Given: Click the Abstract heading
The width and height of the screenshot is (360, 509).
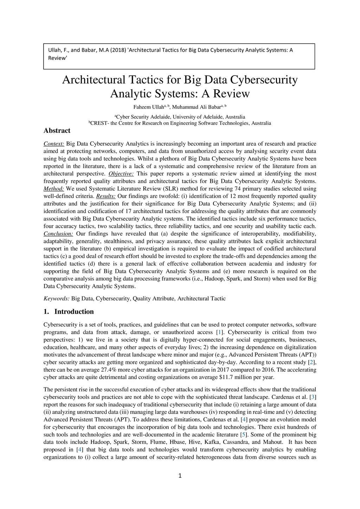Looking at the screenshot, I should [57, 131].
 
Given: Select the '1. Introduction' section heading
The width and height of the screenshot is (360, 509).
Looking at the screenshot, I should [69, 312].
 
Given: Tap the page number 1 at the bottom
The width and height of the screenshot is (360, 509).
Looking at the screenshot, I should [180, 476].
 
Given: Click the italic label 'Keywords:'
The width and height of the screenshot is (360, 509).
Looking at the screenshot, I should [56, 298].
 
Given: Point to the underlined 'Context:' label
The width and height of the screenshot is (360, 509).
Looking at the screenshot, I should [54, 144].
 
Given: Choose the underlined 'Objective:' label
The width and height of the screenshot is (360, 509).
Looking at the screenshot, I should [121, 174].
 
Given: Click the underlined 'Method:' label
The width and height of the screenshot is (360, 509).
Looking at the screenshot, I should [53, 189].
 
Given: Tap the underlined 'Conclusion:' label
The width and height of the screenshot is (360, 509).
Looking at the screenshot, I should [58, 234].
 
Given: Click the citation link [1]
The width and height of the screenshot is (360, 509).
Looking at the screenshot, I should [220, 332].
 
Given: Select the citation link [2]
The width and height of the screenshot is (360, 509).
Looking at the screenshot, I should [311, 362].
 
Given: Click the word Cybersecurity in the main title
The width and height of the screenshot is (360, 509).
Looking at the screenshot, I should [264, 80].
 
